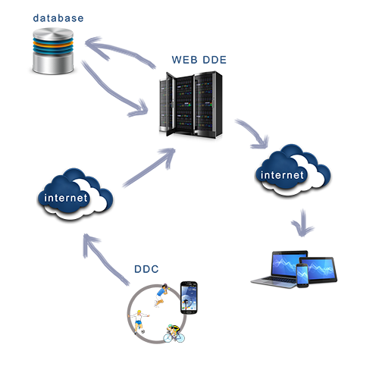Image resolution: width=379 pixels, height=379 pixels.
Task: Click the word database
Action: click(x=58, y=18)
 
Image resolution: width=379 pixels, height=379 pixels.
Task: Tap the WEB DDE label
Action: click(x=199, y=60)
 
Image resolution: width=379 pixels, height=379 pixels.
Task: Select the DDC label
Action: click(x=146, y=269)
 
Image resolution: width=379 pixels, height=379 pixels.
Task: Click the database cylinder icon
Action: click(x=53, y=51)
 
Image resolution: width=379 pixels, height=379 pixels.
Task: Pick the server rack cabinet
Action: click(x=191, y=104)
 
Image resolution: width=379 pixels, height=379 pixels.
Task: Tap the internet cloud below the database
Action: click(x=75, y=194)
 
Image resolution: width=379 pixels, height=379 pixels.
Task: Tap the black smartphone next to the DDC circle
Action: click(x=189, y=298)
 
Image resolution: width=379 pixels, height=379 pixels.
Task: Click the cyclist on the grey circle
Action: click(x=174, y=334)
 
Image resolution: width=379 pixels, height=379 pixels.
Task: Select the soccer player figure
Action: click(x=139, y=321)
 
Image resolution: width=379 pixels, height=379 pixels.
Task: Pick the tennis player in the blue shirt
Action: click(x=161, y=295)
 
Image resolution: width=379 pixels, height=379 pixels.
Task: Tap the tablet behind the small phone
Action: click(x=318, y=270)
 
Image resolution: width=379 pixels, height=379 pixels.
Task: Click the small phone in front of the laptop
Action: click(x=302, y=275)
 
